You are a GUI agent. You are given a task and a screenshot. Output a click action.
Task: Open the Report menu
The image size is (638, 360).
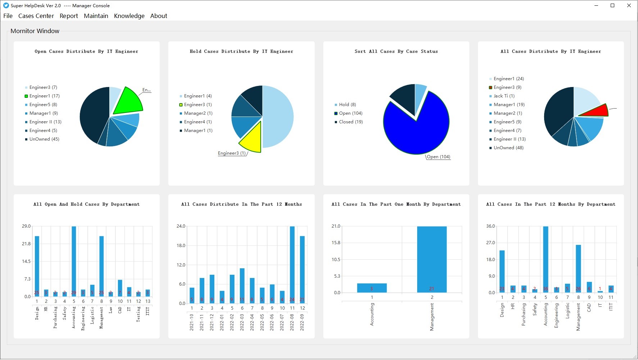click(x=69, y=16)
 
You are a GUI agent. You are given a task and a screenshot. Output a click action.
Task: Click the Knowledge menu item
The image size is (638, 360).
click(x=129, y=16)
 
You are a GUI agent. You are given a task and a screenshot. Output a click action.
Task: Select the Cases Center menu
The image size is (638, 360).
click(x=36, y=16)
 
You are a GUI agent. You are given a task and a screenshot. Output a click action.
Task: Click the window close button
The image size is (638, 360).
click(x=629, y=5)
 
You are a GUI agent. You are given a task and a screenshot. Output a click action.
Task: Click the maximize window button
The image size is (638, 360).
click(x=612, y=5)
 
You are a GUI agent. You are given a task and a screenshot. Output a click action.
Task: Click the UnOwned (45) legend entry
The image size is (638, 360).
click(x=44, y=139)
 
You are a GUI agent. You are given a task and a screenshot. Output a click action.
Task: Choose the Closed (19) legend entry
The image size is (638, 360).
click(x=351, y=122)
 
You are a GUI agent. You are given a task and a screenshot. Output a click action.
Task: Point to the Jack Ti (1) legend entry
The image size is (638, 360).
click(x=504, y=96)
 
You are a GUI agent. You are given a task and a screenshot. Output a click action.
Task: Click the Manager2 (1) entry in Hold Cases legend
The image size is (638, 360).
click(x=198, y=113)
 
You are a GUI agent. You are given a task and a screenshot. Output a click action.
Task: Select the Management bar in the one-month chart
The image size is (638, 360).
click(x=432, y=259)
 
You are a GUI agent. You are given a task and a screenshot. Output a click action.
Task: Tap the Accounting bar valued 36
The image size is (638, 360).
click(x=546, y=259)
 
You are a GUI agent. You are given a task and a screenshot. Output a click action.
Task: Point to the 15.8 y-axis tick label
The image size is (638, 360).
click(x=336, y=243)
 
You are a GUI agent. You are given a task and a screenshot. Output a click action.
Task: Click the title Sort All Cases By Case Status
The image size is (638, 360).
click(x=396, y=51)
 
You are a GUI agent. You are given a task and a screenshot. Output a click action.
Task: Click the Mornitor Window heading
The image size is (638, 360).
click(x=35, y=31)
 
